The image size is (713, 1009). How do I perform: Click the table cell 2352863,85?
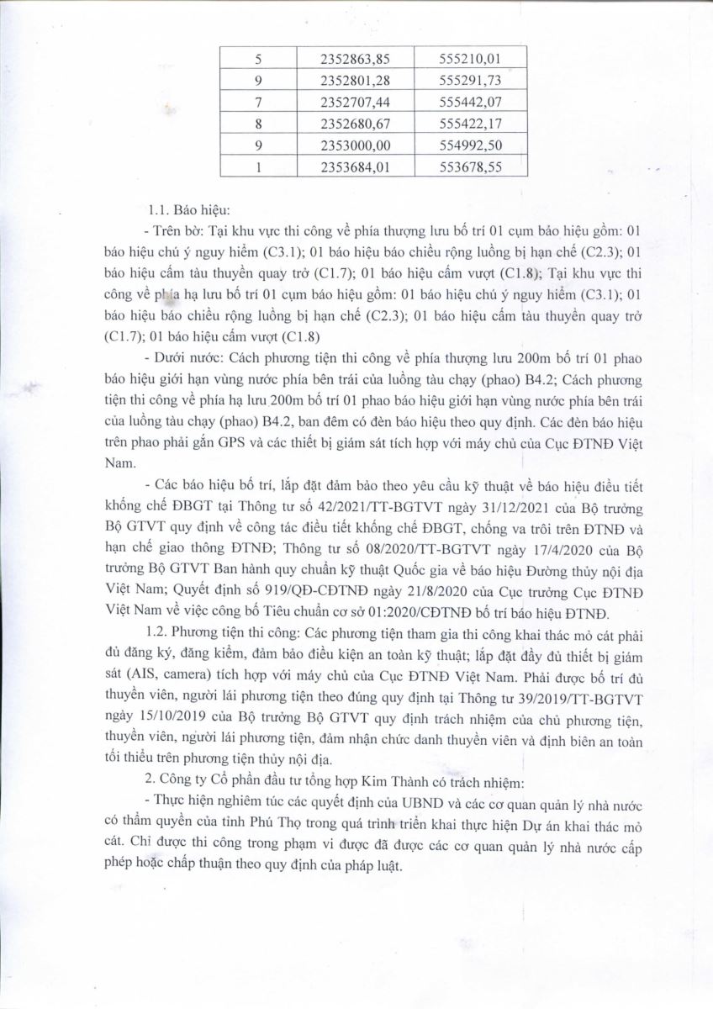coord(356,59)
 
